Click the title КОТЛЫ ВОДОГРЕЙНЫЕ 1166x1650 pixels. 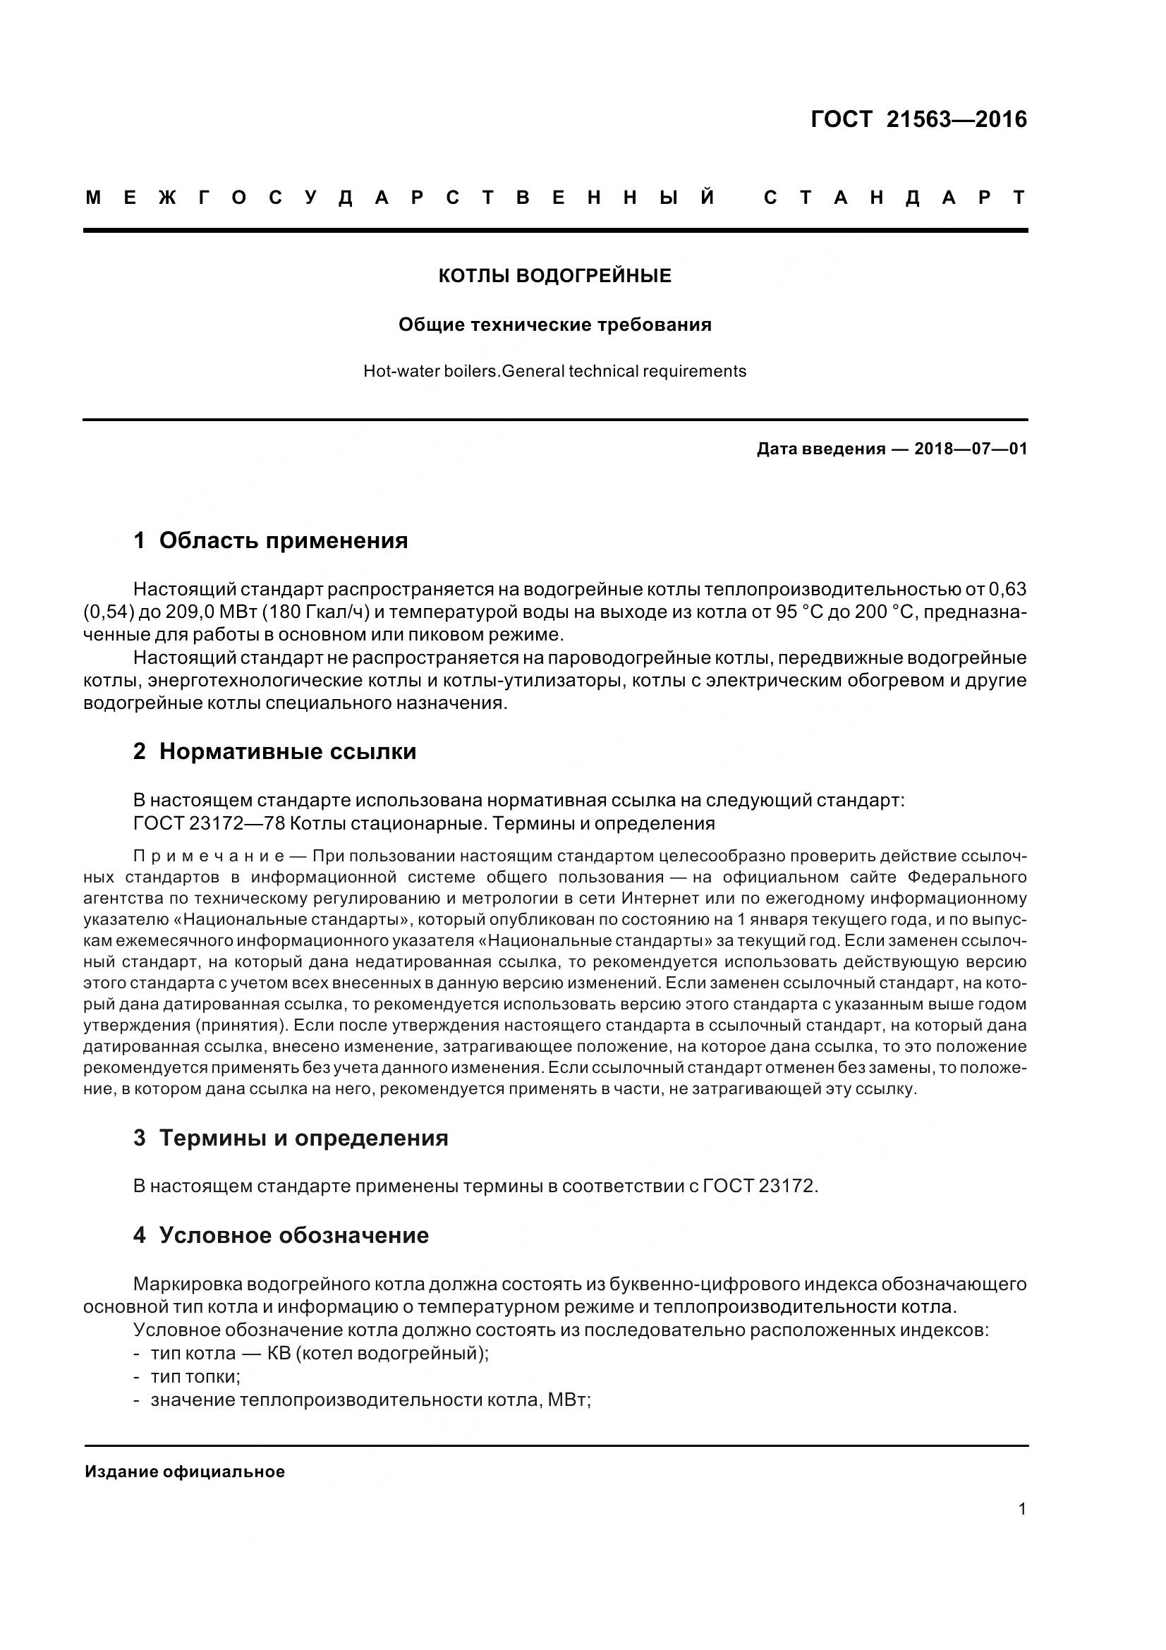[x=554, y=276]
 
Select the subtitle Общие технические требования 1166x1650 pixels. [x=554, y=324]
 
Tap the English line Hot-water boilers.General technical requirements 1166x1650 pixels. [x=554, y=372]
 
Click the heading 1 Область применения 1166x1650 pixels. [x=271, y=540]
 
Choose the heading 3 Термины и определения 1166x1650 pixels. [x=290, y=1138]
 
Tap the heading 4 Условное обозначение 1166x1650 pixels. [x=281, y=1235]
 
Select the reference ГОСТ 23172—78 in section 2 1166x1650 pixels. [x=208, y=823]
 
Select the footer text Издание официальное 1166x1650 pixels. [x=185, y=1472]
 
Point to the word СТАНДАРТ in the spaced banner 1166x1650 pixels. [x=894, y=198]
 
